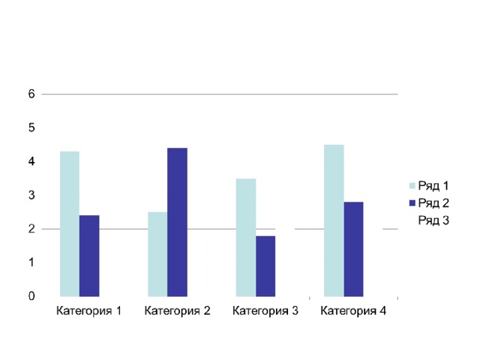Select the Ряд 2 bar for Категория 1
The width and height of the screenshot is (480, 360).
89,256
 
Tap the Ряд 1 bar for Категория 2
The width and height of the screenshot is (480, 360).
157,254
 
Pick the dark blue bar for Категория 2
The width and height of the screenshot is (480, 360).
177,222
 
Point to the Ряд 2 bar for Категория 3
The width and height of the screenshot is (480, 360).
265,266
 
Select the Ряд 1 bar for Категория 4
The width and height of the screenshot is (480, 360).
334,220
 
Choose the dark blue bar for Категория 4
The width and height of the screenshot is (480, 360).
353,249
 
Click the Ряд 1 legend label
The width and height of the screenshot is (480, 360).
433,186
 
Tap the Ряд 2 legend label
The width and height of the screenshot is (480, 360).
433,203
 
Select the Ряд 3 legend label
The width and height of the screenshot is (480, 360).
433,220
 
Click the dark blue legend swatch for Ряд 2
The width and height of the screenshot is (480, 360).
411,203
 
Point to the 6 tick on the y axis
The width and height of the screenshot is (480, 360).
31,94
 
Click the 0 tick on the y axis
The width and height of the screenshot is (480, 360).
31,296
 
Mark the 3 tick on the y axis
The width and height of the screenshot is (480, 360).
31,195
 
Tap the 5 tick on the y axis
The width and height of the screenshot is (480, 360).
31,127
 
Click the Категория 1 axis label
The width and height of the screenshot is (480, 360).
89,310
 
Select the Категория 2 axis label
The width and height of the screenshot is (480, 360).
177,310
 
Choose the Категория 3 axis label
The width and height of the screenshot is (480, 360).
265,310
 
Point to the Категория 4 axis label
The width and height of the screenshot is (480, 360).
353,310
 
